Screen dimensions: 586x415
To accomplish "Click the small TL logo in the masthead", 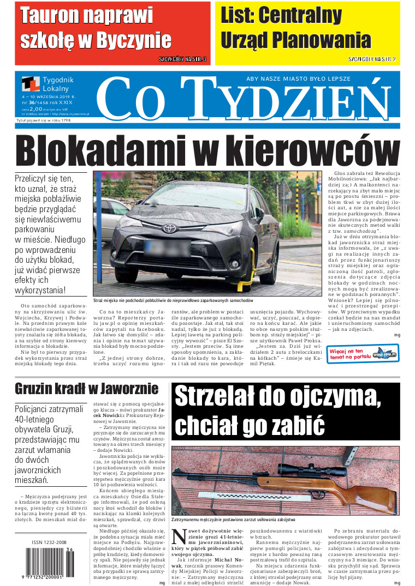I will click(x=31, y=83).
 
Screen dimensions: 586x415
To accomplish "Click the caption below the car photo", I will click(x=173, y=300).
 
